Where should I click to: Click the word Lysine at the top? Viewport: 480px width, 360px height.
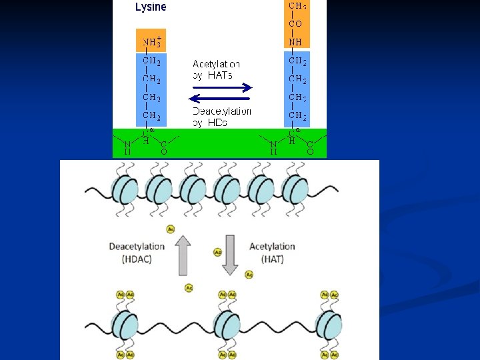click(x=151, y=7)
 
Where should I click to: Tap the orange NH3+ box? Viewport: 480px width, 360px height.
click(x=151, y=40)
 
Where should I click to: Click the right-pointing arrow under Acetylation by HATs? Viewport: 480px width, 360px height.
click(x=222, y=87)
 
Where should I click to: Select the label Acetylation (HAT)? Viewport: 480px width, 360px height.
click(x=272, y=253)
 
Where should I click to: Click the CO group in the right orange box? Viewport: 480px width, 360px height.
click(x=295, y=23)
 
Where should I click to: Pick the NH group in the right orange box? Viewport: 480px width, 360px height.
click(x=295, y=41)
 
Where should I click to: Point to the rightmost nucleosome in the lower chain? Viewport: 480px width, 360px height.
click(x=329, y=325)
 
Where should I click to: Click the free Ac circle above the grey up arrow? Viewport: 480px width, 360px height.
click(x=171, y=229)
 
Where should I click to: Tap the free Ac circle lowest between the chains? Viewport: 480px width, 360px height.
click(x=188, y=288)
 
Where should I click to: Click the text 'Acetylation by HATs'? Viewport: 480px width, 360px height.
click(x=216, y=69)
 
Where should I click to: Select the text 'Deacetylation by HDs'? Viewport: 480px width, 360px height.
click(x=221, y=117)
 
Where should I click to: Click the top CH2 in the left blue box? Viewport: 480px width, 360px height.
click(x=151, y=61)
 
